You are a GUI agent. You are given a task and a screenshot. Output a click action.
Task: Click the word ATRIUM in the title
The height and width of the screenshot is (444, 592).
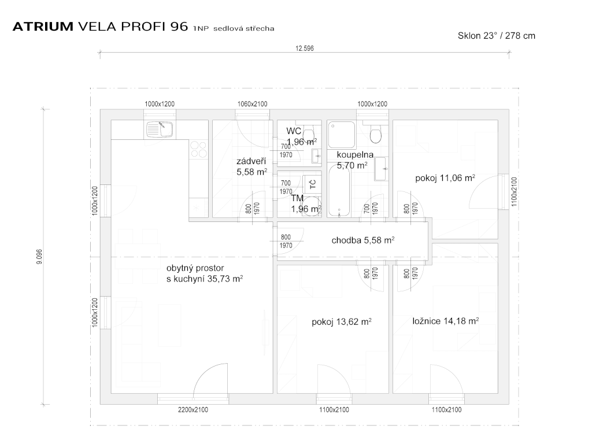(x=43, y=27)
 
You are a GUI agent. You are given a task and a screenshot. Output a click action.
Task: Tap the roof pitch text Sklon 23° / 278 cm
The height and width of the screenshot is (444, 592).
(x=496, y=35)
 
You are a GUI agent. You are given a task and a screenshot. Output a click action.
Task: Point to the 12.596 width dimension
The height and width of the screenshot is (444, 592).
(x=304, y=49)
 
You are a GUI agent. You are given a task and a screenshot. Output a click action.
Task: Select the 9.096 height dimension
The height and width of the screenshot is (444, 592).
(x=39, y=257)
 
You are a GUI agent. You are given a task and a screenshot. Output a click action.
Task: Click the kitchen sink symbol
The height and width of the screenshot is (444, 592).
(x=160, y=129)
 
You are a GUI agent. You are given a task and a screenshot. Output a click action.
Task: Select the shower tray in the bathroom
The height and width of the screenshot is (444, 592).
(x=342, y=134)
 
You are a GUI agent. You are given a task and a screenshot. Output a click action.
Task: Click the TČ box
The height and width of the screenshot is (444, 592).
(x=312, y=184)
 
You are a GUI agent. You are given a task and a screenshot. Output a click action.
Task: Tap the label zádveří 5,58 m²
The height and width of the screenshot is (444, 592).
(x=251, y=166)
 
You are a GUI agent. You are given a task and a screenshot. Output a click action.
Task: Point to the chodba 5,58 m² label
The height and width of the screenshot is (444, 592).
(x=363, y=240)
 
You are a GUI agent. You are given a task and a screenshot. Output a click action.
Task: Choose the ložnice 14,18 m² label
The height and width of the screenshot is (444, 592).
(x=445, y=321)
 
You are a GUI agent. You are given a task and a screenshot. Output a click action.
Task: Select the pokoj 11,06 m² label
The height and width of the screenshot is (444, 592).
(x=445, y=177)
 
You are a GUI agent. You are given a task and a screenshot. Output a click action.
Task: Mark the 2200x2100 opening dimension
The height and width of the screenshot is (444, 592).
(x=193, y=410)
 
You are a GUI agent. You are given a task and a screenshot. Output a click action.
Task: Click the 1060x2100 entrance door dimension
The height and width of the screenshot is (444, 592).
(x=252, y=104)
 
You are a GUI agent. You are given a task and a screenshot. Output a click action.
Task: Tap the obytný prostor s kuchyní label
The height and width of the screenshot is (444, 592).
(x=204, y=273)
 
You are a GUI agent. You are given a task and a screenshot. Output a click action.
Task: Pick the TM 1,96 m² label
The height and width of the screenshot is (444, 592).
(x=305, y=203)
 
